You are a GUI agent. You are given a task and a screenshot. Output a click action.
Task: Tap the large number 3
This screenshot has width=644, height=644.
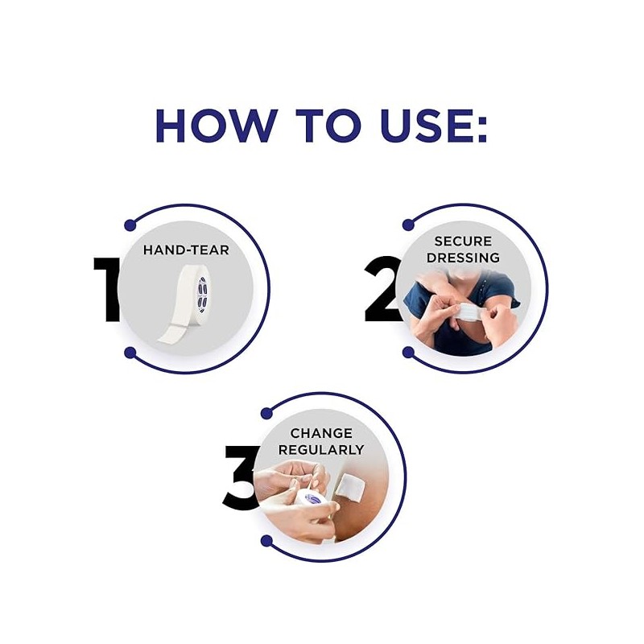[x=241, y=477]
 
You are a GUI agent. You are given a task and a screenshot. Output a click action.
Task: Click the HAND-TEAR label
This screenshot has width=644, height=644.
[x=186, y=250]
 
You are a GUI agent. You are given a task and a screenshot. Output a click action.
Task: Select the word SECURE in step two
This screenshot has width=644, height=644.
[x=463, y=241]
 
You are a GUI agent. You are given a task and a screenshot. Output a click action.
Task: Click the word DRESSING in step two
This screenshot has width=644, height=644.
[x=463, y=258]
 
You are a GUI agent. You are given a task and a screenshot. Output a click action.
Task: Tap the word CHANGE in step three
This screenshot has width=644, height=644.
[x=321, y=433]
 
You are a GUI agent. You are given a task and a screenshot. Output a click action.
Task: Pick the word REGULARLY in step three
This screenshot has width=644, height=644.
[x=321, y=450]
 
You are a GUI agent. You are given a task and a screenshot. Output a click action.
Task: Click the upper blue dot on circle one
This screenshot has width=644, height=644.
[x=130, y=225]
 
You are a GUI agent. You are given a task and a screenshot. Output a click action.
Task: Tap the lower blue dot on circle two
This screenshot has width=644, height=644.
[x=408, y=353]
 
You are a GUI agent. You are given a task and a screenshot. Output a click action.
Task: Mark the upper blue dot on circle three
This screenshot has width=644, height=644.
[x=267, y=413]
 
